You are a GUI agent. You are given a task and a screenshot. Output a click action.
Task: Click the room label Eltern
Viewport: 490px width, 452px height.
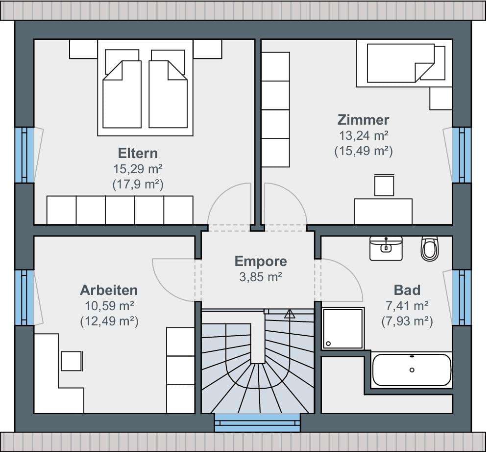[138, 154]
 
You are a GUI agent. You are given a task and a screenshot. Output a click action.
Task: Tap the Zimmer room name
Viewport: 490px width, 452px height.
[363, 120]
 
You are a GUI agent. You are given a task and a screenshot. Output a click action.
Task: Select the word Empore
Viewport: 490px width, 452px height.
[261, 262]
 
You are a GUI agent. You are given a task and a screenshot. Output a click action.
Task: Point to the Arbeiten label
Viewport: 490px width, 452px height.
[109, 290]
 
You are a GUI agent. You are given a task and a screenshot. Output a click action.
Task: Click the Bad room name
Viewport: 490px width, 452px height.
[407, 290]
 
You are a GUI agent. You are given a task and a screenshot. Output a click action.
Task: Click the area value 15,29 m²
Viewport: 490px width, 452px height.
[138, 169]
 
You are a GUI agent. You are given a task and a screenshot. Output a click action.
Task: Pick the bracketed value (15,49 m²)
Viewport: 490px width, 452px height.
[363, 151]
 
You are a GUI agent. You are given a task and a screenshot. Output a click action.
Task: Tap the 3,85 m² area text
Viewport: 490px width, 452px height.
[261, 277]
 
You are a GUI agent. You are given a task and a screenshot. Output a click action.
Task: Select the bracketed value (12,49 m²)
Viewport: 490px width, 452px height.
[109, 321]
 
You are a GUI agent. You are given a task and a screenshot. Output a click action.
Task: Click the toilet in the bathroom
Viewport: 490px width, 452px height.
[430, 249]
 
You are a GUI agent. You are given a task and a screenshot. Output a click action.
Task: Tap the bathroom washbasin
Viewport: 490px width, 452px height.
[386, 248]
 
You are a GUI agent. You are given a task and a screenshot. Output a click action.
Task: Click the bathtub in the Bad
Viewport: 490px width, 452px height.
[412, 370]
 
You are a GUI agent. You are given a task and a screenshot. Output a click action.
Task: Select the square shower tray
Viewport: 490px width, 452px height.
[343, 328]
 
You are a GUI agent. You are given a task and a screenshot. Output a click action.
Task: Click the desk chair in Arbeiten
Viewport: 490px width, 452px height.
[72, 361]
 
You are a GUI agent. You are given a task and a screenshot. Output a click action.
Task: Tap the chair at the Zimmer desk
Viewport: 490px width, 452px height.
[384, 186]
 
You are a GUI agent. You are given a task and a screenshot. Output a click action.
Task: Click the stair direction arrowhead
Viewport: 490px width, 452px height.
[290, 314]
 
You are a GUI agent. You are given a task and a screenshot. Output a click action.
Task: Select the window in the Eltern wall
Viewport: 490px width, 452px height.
[24, 155]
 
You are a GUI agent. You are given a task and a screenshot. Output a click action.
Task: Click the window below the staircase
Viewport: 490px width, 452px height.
[258, 423]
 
